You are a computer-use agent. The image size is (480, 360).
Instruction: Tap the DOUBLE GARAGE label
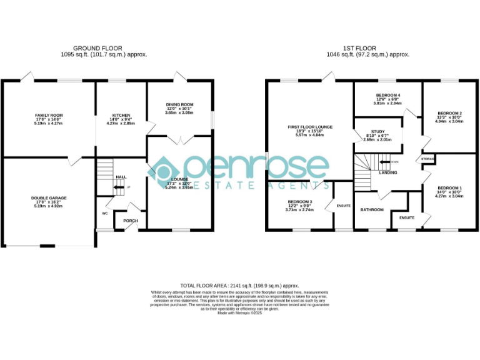point(49,198)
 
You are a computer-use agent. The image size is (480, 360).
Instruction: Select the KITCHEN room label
point(121,116)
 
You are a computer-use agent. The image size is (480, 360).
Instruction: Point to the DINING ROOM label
point(179,104)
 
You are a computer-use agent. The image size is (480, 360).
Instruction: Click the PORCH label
point(130,220)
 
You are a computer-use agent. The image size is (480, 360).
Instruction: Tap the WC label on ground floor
point(105,213)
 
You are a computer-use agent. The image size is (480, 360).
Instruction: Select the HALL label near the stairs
point(120,177)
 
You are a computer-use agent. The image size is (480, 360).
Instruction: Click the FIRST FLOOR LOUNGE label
point(310,127)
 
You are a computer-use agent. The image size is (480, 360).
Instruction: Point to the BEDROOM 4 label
point(387,95)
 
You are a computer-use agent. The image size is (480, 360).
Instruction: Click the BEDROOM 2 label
point(449,113)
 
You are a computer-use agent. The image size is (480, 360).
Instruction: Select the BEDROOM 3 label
point(300,202)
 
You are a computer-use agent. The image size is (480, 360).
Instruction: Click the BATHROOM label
point(372,209)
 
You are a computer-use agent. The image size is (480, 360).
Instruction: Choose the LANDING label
point(388,172)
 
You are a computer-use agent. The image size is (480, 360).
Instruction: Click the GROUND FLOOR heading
point(97,48)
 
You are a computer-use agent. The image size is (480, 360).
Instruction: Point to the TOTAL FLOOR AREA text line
point(239,284)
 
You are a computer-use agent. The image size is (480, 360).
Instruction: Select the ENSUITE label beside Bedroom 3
point(343,206)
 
